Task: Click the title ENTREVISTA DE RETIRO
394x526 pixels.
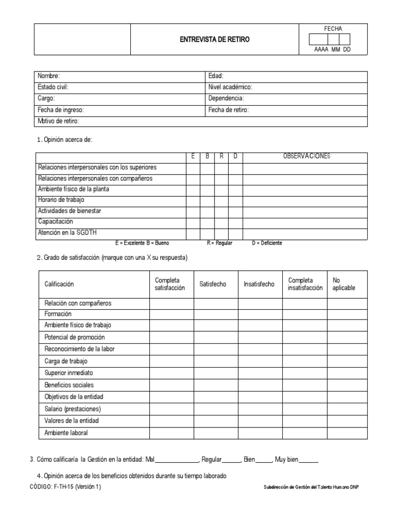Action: (214, 40)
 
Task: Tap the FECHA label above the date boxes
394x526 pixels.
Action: (333, 29)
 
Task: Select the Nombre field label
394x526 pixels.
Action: (49, 76)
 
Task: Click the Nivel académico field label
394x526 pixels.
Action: (230, 87)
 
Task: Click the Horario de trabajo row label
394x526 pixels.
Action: (61, 200)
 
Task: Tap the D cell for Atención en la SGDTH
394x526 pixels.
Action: (235, 233)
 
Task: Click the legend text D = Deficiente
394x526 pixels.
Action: (267, 243)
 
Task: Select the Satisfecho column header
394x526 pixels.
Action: (213, 284)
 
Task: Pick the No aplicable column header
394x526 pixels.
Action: (344, 284)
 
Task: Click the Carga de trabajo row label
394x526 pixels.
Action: (66, 361)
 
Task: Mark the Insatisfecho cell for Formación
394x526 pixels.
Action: (260, 314)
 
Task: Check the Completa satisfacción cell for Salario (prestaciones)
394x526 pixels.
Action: (171, 409)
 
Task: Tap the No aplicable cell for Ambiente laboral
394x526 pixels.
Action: (347, 433)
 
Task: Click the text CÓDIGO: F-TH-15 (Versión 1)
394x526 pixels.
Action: (66, 487)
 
